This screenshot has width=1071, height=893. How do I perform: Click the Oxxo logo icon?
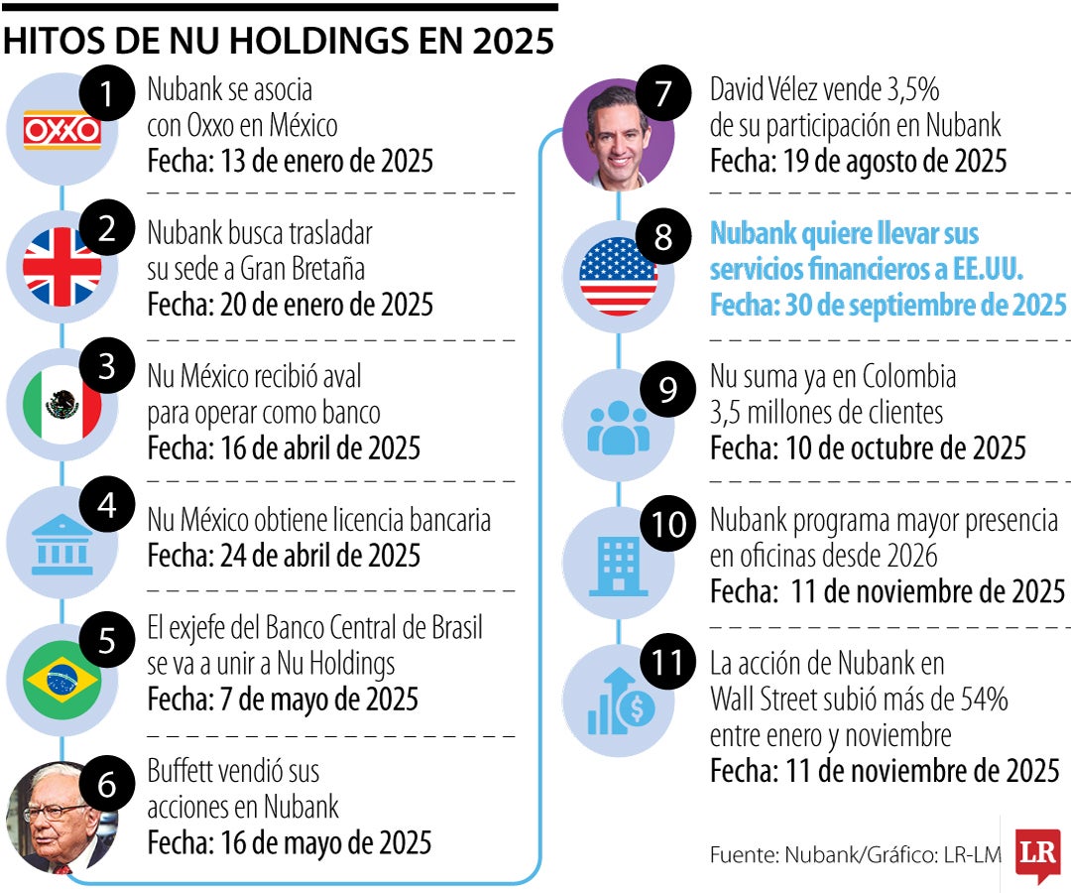[61, 130]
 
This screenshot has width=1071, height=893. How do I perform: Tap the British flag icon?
[61, 267]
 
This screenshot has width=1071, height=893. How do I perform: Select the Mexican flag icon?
[61, 404]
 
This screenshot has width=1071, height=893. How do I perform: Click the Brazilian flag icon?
[61, 679]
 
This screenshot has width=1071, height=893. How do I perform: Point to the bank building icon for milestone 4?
[61, 543]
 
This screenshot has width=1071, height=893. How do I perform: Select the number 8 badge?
[663, 237]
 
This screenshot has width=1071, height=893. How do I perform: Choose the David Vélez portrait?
[617, 136]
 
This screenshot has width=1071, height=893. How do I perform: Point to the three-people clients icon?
[618, 426]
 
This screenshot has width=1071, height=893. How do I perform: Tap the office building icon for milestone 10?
[618, 564]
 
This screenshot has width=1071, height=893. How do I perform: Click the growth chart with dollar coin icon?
[618, 702]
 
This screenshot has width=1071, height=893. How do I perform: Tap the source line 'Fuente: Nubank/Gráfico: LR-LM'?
[855, 854]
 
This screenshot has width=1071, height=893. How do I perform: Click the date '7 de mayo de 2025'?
[313, 699]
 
